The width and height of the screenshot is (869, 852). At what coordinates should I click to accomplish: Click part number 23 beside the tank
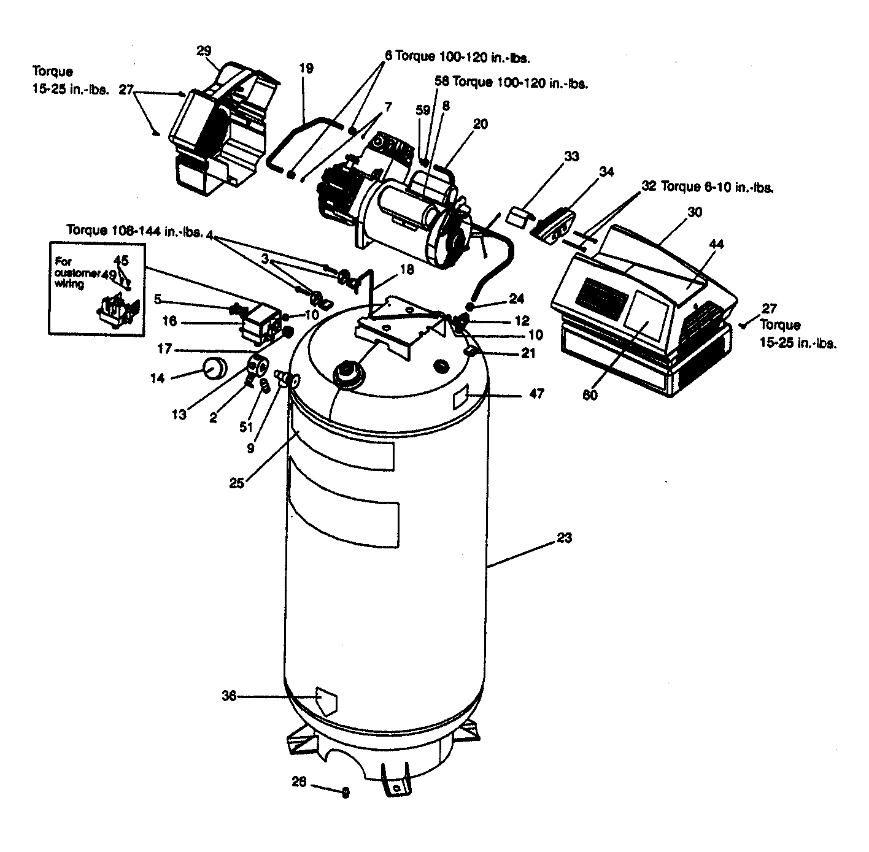click(564, 538)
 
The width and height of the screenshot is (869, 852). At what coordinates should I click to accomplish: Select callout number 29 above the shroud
click(204, 51)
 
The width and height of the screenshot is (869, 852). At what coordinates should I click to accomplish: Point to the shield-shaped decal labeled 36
click(326, 701)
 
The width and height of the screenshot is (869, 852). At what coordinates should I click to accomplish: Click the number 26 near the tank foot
click(299, 782)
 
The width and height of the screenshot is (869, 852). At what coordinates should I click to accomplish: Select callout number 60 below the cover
click(590, 395)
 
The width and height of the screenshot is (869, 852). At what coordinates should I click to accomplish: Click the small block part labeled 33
click(519, 216)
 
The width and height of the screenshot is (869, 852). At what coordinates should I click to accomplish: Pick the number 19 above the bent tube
click(306, 68)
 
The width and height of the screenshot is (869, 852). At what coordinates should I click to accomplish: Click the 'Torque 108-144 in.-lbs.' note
click(134, 231)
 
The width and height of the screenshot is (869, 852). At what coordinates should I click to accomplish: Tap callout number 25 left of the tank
click(237, 483)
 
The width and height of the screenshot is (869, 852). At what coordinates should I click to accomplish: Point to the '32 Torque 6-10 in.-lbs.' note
click(707, 186)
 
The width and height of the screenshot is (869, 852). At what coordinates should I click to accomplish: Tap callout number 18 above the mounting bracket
click(406, 269)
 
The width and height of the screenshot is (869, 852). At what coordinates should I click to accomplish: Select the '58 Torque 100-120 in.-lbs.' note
click(511, 82)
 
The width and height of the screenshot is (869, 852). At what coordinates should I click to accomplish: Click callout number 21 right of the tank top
click(528, 353)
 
